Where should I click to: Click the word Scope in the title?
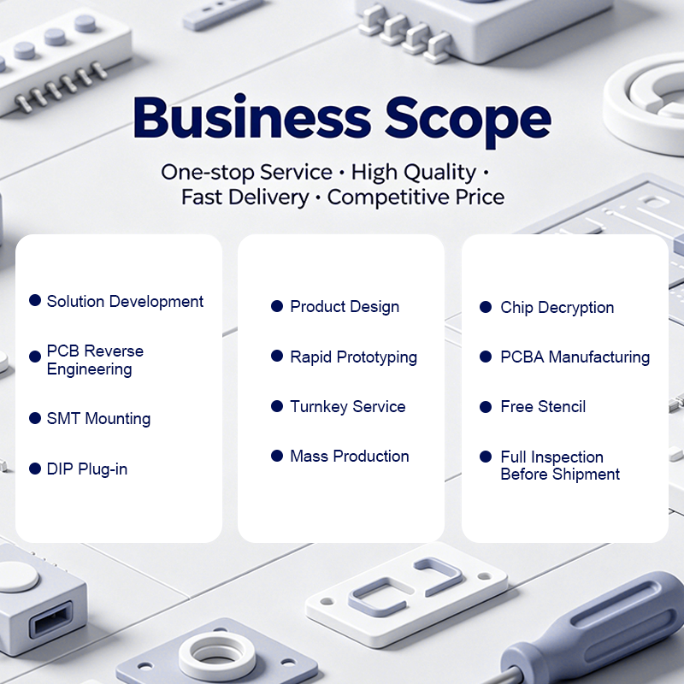pos(468,120)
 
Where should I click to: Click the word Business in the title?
pos(252,115)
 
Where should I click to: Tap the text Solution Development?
pos(125,302)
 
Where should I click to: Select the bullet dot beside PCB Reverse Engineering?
pos(35,357)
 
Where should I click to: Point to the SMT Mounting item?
pos(98,419)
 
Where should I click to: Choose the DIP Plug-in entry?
pos(87,469)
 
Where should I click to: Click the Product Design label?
pos(345,307)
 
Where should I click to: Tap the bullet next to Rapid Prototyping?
pos(277,356)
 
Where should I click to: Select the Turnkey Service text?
pos(348,407)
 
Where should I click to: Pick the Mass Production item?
pos(350,457)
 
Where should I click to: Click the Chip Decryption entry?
pos(557,308)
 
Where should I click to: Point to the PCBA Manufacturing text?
pos(575,357)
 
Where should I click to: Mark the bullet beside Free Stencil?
pos(486,407)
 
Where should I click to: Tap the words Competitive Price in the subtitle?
pos(416,198)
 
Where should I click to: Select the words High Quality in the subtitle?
pos(414,173)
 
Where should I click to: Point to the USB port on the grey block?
pos(50,619)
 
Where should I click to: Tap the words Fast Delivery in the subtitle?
pos(245,198)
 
